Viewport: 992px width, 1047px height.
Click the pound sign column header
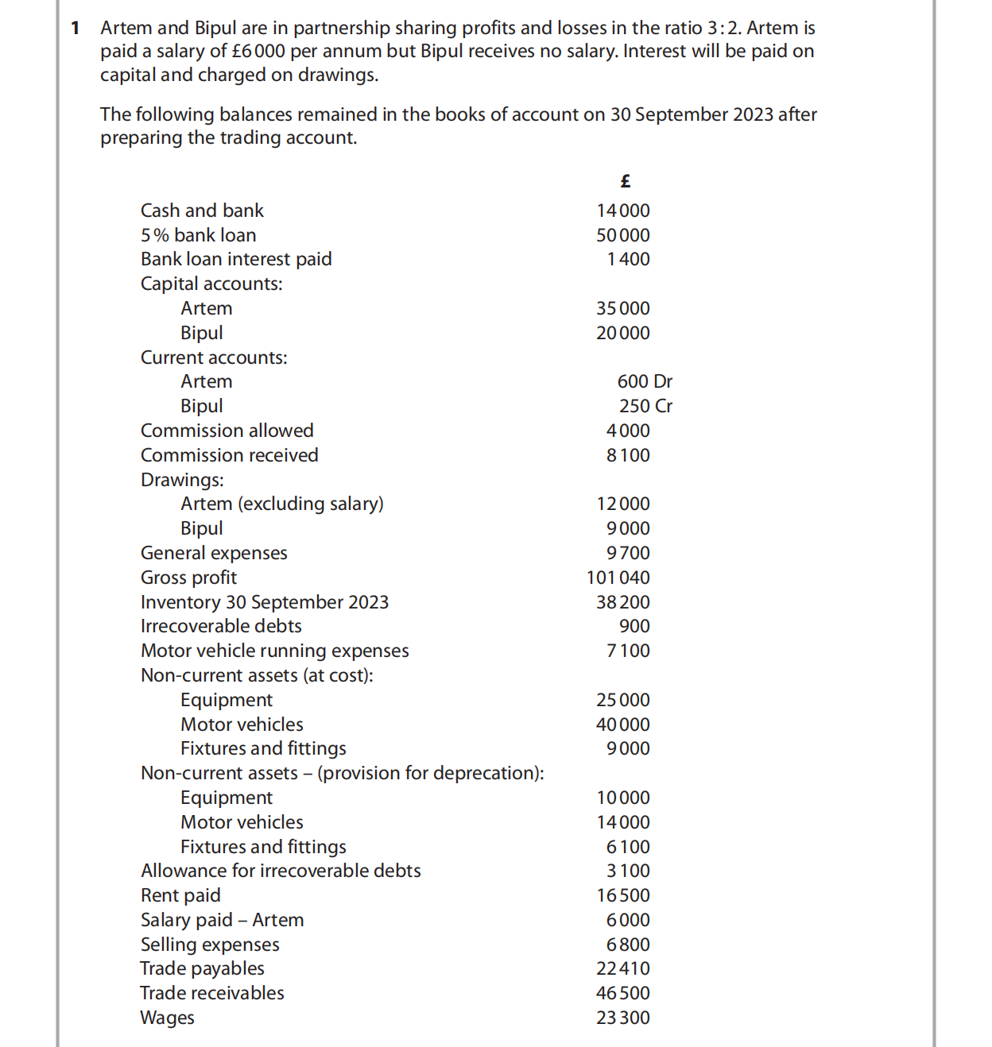(x=625, y=181)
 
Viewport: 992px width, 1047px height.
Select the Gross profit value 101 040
(x=618, y=578)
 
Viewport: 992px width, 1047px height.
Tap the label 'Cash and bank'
(x=202, y=211)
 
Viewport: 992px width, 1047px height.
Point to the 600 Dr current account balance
(x=645, y=381)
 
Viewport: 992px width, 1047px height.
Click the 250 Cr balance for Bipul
(x=645, y=406)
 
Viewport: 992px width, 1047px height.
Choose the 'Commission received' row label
(x=229, y=455)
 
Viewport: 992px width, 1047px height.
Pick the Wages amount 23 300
(x=622, y=1018)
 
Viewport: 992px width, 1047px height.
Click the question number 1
(x=76, y=28)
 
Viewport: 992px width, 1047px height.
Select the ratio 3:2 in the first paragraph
(x=723, y=28)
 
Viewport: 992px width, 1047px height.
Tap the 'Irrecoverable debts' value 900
(x=634, y=626)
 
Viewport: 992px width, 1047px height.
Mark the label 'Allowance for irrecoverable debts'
(x=281, y=871)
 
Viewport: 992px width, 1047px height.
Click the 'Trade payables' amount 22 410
(x=622, y=968)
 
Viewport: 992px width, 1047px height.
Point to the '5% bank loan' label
(x=198, y=235)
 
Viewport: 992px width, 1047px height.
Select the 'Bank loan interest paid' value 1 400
(x=628, y=259)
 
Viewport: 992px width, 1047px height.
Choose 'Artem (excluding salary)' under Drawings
(x=281, y=504)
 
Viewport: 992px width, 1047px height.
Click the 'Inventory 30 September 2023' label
(x=265, y=602)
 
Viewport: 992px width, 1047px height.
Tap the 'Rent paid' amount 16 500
(x=622, y=895)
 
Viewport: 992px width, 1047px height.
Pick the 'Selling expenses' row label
(x=210, y=945)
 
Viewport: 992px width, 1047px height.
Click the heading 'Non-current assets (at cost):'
(x=257, y=675)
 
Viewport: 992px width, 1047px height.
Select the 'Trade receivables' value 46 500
(x=622, y=993)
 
